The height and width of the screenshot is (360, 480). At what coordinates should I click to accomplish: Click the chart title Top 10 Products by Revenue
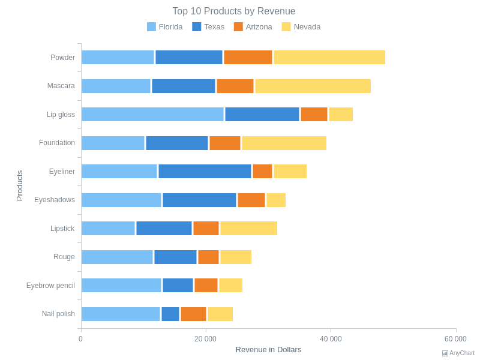tap(233, 11)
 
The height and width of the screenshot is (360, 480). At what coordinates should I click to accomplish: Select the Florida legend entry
tap(165, 27)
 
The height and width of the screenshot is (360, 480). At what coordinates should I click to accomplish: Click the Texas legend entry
tap(208, 27)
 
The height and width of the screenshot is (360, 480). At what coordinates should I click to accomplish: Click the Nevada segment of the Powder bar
tap(329, 58)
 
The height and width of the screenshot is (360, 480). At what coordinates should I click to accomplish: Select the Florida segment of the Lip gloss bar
tap(152, 115)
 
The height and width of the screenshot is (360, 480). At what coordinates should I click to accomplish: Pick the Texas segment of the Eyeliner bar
tap(205, 172)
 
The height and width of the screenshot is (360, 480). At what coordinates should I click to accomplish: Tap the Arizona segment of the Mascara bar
tap(235, 86)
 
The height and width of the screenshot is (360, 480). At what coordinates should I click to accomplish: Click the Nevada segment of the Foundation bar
tap(284, 143)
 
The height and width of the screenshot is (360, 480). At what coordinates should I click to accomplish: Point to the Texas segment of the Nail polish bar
tap(170, 314)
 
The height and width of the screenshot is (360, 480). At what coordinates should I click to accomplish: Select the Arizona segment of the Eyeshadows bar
tap(251, 200)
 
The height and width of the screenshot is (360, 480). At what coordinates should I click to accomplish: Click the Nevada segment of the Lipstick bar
tap(248, 229)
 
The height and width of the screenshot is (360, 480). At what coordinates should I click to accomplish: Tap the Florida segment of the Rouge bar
tap(117, 257)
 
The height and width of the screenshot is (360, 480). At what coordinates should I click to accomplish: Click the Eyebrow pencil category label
tap(50, 286)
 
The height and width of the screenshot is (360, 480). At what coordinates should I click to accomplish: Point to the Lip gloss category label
tap(61, 115)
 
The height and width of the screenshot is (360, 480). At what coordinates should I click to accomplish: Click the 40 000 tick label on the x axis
tap(331, 339)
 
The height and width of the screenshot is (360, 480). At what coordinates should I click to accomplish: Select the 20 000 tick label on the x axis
tap(205, 339)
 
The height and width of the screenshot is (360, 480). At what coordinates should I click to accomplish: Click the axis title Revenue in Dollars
tap(268, 350)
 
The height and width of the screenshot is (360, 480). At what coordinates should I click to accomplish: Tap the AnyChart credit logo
tap(458, 353)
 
